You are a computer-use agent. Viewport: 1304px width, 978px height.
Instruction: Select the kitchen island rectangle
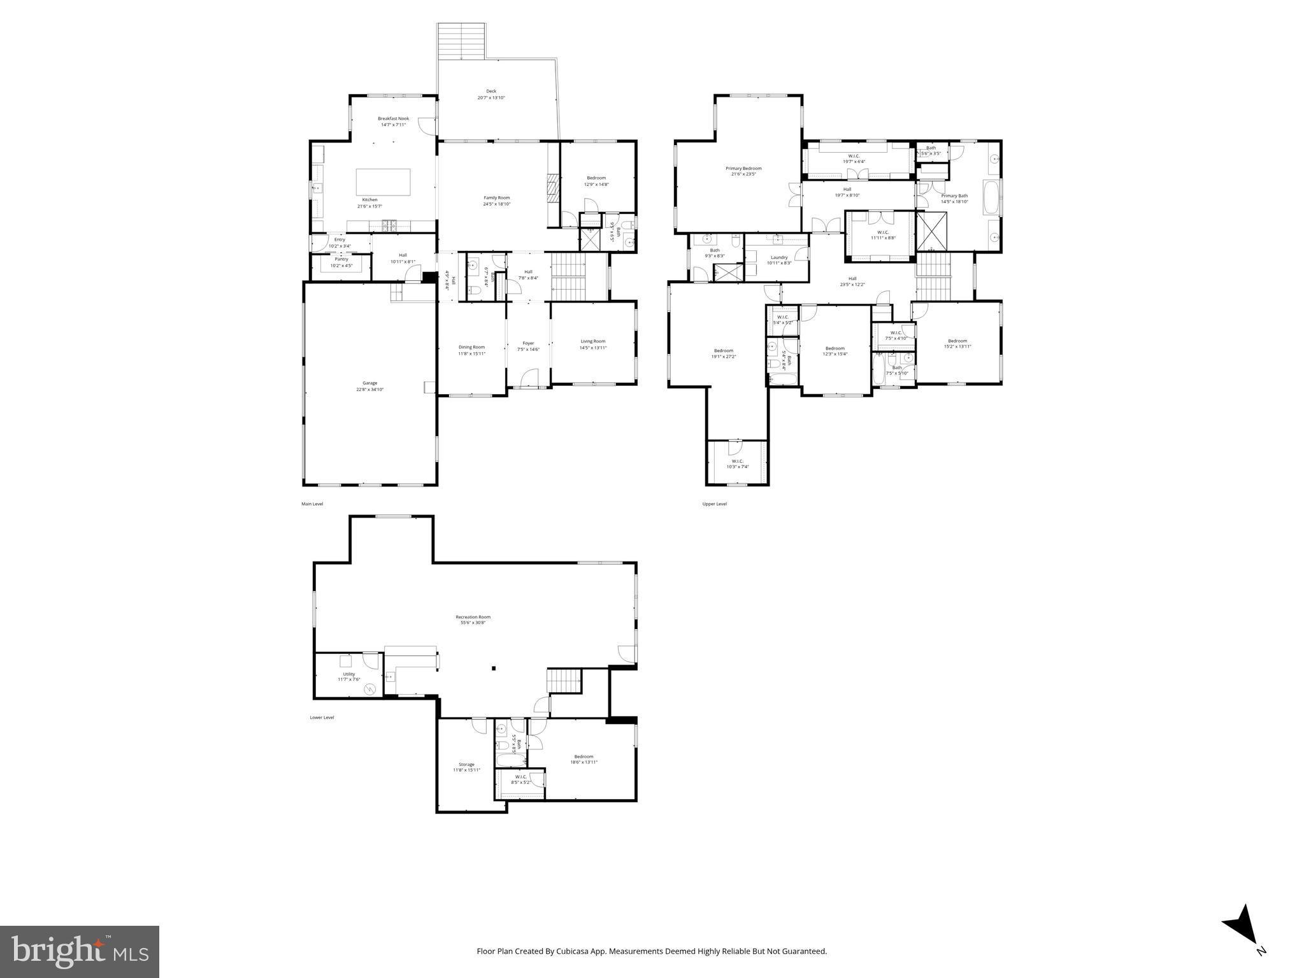(383, 182)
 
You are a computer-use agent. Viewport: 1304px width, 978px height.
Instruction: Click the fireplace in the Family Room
(552, 188)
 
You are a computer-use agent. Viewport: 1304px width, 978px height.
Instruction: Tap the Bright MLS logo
(80, 951)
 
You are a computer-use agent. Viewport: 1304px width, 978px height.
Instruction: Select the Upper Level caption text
(714, 504)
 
